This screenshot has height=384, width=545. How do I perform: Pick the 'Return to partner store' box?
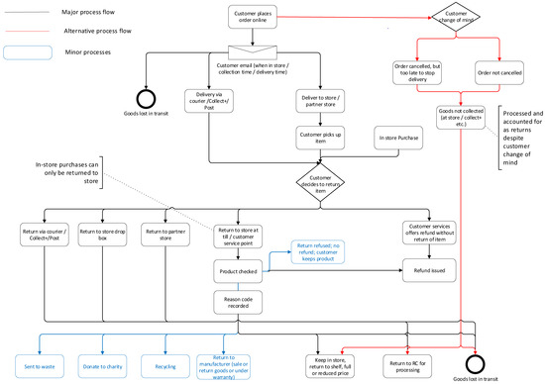(x=163, y=236)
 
